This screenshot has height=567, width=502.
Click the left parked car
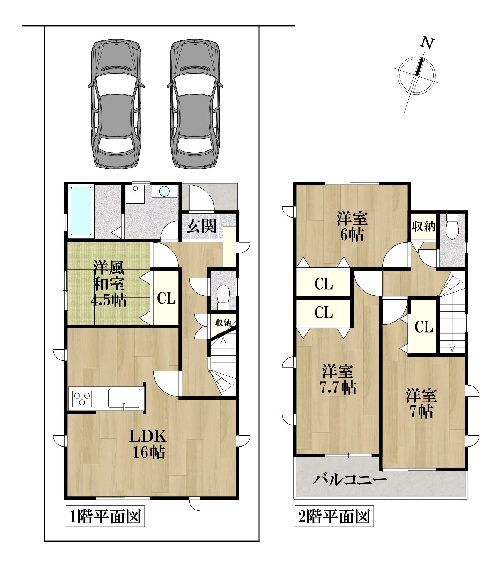click(x=116, y=104)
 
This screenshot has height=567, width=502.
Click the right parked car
click(x=195, y=104)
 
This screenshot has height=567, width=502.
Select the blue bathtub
click(x=81, y=211)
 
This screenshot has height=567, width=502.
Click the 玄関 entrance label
click(x=201, y=226)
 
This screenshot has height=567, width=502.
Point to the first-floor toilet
click(x=223, y=297)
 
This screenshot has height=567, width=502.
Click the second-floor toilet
click(x=452, y=226)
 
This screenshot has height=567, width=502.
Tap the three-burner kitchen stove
click(x=82, y=398)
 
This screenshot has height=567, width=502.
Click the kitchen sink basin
click(x=124, y=398)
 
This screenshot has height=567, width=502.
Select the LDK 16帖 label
click(x=148, y=444)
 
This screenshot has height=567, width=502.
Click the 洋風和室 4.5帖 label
click(x=109, y=283)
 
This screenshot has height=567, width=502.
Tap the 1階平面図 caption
click(x=105, y=517)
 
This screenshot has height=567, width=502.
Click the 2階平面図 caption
click(x=334, y=517)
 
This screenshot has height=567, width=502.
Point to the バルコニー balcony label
click(x=350, y=480)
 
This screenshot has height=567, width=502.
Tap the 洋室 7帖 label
click(x=421, y=404)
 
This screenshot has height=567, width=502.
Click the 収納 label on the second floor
click(x=423, y=227)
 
